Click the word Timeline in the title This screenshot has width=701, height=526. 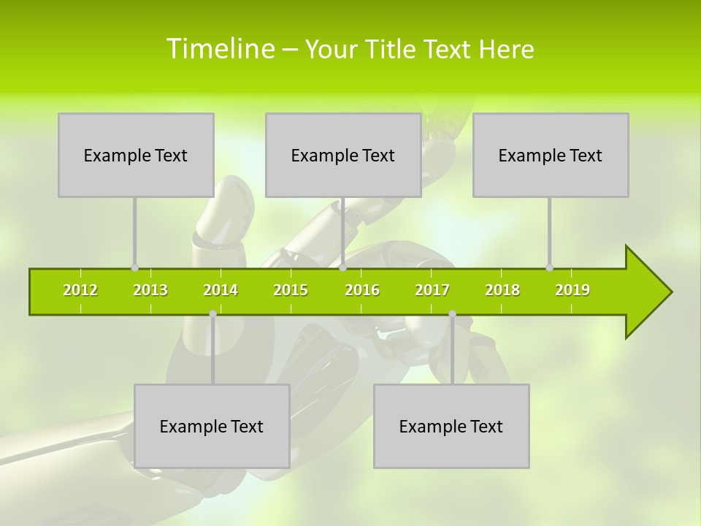coord(219,49)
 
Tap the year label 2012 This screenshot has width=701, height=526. coord(80,290)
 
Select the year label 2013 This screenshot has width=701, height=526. coord(150,290)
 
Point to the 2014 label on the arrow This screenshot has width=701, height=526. coord(221,290)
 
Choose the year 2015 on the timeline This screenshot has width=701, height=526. coord(291,290)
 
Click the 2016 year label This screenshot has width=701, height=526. coord(362,290)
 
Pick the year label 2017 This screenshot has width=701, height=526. coord(432,290)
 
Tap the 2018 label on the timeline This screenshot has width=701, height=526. coord(502,290)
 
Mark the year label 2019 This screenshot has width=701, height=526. coord(572,290)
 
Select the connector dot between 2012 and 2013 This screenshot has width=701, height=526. coord(134,267)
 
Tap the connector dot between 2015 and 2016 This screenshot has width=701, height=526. coord(342,267)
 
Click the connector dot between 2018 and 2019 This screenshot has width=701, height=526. coord(550,267)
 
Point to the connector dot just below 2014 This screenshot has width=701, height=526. coord(212,313)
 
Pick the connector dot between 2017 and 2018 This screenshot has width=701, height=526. coord(452,313)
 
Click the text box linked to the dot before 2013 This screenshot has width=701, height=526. coord(136,155)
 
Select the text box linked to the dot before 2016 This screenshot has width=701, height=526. coord(343,155)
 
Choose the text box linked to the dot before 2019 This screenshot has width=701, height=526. coord(551,155)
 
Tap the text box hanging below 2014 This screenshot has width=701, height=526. coord(212,426)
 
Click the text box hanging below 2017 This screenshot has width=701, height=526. coord(451,426)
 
